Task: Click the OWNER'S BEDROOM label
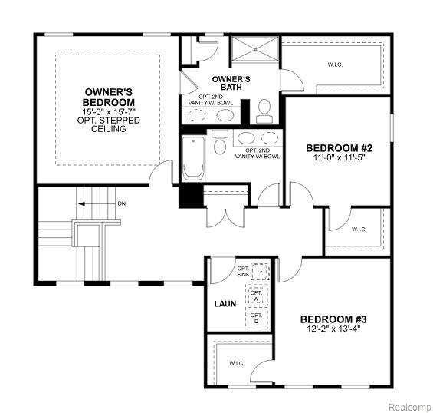[110, 97]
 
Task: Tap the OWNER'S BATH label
[231, 84]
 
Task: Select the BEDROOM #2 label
[339, 148]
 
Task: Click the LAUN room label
[225, 303]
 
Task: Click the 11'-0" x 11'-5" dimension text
[339, 158]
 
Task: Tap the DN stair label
[121, 204]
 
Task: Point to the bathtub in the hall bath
[192, 157]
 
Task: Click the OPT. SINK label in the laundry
[243, 271]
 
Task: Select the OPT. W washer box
[257, 296]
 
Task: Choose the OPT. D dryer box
[257, 319]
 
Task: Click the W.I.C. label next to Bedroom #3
[237, 363]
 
